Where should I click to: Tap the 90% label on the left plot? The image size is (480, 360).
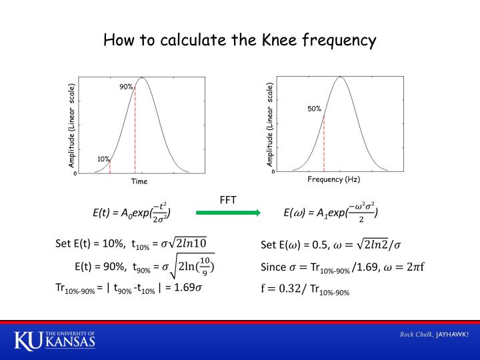(x=126, y=87)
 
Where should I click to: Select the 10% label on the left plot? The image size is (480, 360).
(x=103, y=159)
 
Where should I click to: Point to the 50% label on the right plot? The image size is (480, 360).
(x=315, y=108)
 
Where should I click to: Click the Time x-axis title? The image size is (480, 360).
(x=139, y=181)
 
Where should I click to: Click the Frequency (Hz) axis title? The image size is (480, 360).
(x=333, y=179)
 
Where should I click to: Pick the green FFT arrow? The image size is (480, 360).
(x=228, y=213)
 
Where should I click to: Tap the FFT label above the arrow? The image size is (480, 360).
(x=228, y=199)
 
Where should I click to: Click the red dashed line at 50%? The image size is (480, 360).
(x=324, y=143)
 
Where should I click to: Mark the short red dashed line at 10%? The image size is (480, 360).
(x=110, y=167)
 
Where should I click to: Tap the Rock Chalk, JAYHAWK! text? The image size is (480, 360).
(x=434, y=334)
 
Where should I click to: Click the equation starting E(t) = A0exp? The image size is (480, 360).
(x=132, y=213)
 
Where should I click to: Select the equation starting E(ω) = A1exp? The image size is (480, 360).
(x=331, y=213)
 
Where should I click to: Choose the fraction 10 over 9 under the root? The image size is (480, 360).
(x=204, y=265)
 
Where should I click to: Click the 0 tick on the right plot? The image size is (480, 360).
(x=273, y=171)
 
